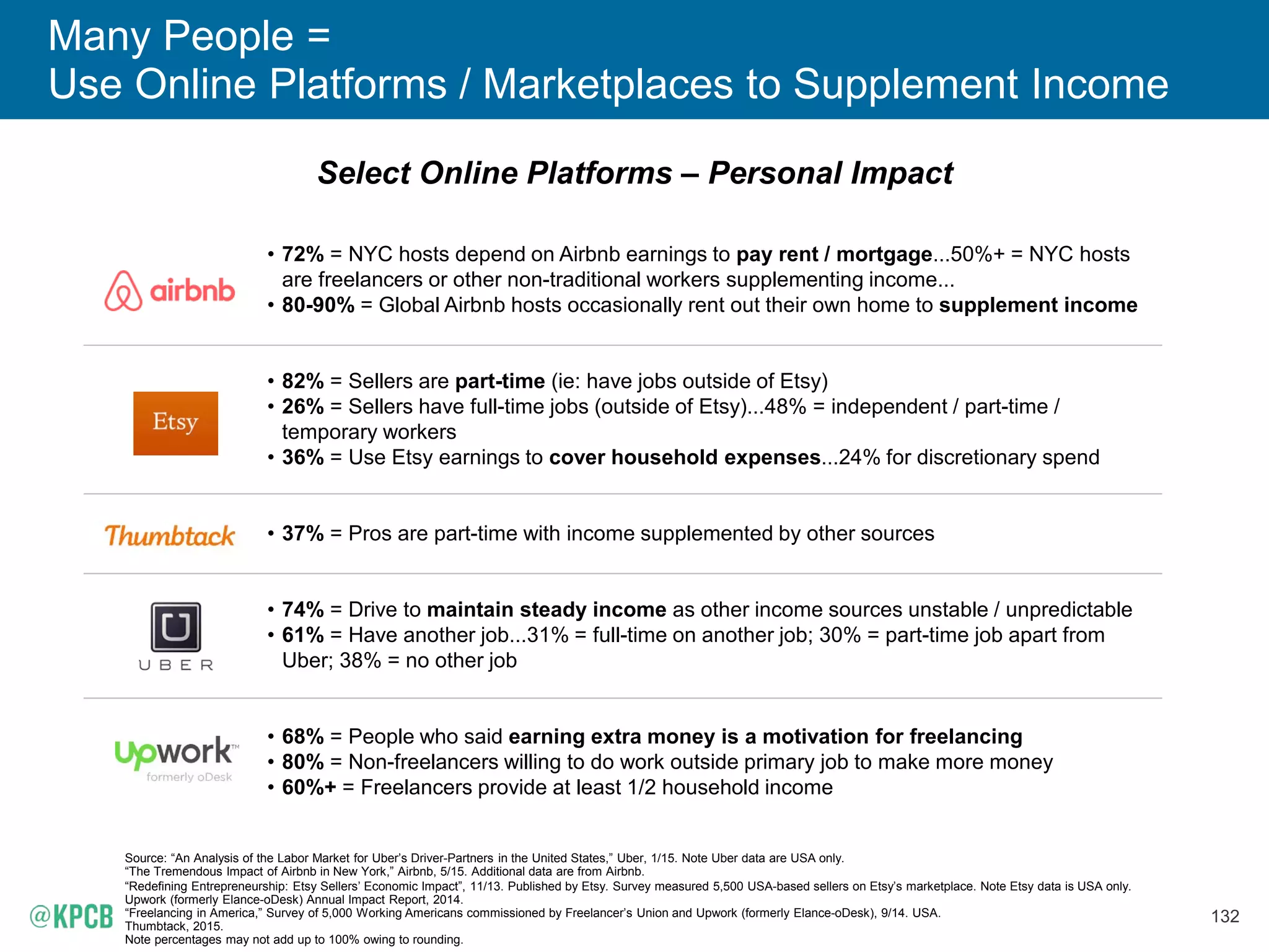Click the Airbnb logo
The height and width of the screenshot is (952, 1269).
tap(170, 291)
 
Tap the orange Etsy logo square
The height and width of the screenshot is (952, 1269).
tap(175, 423)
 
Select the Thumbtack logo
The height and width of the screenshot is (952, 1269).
tap(170, 535)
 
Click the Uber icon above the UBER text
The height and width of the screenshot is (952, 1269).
tap(176, 627)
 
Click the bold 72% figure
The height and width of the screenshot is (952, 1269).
tap(302, 254)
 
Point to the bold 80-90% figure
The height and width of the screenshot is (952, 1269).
tap(318, 305)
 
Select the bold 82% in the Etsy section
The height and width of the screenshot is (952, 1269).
tap(302, 381)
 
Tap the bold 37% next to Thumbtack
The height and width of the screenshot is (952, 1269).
tap(302, 533)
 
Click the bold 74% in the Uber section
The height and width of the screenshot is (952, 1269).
tap(302, 609)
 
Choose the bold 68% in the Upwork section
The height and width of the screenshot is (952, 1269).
tap(302, 736)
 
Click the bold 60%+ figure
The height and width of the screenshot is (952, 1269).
tap(309, 787)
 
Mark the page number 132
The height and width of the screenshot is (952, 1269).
tap(1224, 916)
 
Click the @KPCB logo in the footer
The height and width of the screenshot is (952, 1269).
tap(72, 916)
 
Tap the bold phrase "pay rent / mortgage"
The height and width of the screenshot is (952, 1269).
tap(834, 254)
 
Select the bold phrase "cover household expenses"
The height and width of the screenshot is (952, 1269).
tap(685, 457)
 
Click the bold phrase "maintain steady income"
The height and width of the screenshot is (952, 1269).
tap(547, 609)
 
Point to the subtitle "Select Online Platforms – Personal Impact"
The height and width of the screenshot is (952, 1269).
tap(634, 173)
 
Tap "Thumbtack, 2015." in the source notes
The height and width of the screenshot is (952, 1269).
tap(173, 926)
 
